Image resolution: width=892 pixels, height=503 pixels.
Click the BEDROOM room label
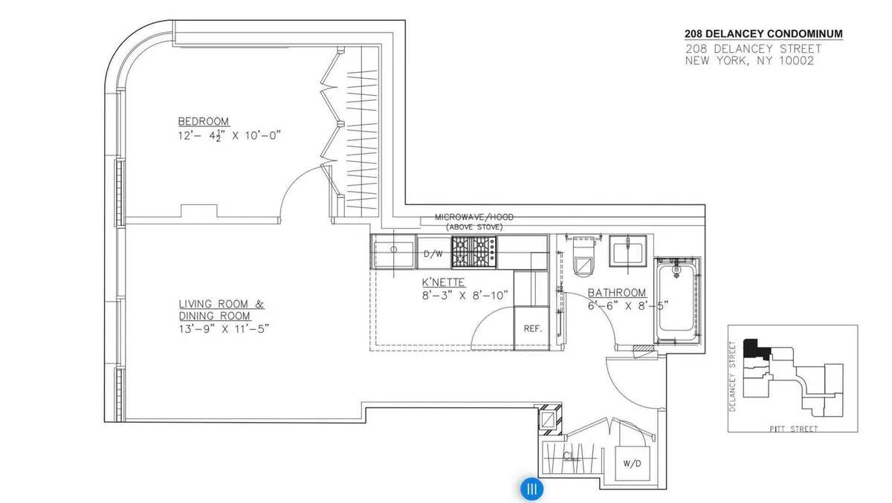click(x=203, y=121)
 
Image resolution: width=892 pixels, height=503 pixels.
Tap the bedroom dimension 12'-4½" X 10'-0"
click(x=230, y=135)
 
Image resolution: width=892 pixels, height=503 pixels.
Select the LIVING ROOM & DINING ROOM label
click(x=221, y=310)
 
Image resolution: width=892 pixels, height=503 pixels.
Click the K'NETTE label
click(x=443, y=282)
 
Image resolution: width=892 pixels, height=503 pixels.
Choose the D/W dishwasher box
click(x=433, y=253)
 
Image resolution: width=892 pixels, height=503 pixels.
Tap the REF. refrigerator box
click(x=531, y=328)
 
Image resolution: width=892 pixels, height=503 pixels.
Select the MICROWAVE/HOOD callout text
click(x=474, y=217)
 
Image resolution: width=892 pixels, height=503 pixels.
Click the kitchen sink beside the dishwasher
click(x=394, y=253)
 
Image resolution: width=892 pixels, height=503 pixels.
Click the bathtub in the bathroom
click(x=676, y=301)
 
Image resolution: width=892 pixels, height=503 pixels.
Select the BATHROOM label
click(x=617, y=293)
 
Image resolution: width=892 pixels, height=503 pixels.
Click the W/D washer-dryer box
click(x=633, y=464)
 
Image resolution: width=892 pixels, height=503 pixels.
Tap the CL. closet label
click(x=571, y=456)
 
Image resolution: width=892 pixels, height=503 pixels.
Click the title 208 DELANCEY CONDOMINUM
click(x=763, y=34)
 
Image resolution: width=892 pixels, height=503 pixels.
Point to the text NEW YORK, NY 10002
click(x=749, y=61)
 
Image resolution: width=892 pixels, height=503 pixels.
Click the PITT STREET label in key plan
click(x=795, y=429)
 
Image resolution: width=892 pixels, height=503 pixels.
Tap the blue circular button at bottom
click(x=531, y=489)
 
